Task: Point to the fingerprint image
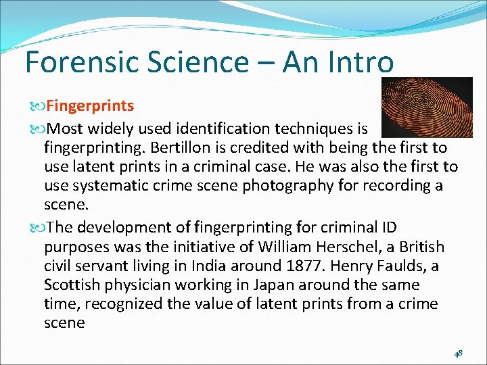tap(427, 107)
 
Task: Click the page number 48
tap(458, 353)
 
